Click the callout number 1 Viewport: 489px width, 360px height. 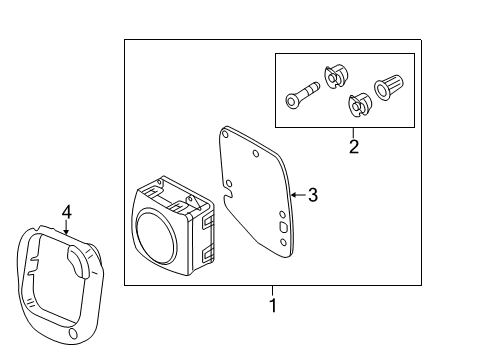273,305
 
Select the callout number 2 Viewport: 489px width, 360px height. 354,147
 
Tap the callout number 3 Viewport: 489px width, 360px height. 313,195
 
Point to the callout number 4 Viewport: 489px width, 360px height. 67,212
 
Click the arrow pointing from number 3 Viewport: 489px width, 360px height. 298,195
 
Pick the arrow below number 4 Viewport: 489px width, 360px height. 66,228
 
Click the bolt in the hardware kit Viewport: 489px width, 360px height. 302,95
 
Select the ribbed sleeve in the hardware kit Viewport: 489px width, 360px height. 388,86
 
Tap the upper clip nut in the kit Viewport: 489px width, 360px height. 336,76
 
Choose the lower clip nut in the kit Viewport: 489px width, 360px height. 359,105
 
